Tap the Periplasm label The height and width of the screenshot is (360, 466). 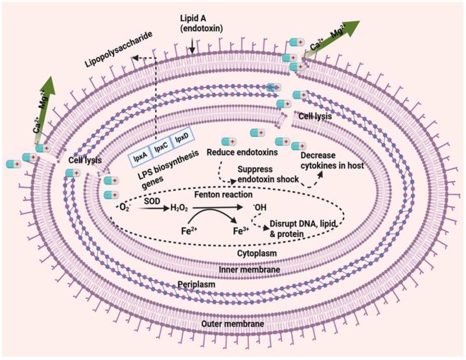pos(196,285)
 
